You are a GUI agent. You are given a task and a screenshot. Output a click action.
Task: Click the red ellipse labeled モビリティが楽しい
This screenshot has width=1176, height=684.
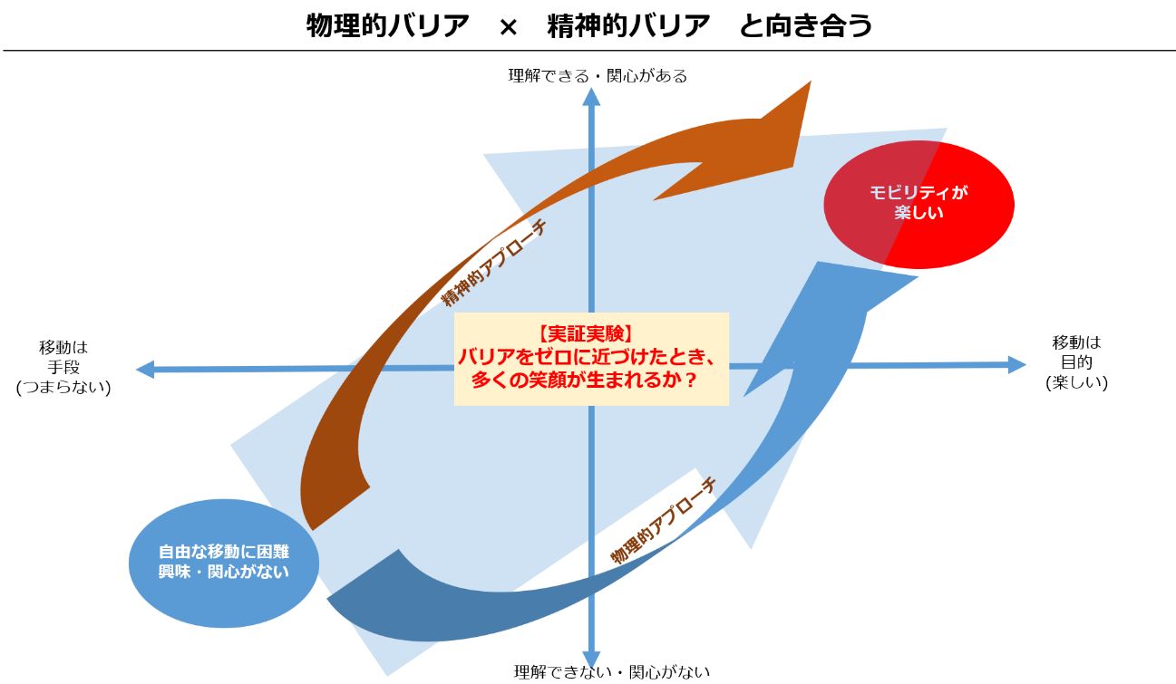coord(918,204)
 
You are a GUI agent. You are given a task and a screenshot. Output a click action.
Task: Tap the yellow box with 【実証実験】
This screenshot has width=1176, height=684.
coord(591,359)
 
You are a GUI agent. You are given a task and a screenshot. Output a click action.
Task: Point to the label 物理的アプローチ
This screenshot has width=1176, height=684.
coord(663,522)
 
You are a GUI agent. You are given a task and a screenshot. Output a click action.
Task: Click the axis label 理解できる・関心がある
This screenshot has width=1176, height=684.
coord(598,76)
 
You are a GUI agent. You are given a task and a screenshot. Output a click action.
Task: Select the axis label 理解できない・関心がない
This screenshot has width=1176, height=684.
coord(612,671)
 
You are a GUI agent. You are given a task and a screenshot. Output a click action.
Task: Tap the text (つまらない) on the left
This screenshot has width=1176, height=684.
coord(63,387)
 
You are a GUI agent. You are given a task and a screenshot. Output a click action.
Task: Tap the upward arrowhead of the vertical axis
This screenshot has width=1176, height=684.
coord(591,97)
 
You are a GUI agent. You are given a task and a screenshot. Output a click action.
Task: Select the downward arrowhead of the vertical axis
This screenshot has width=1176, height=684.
coord(592,658)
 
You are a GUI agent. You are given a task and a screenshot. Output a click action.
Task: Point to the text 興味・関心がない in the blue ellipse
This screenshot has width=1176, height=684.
coord(224,572)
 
